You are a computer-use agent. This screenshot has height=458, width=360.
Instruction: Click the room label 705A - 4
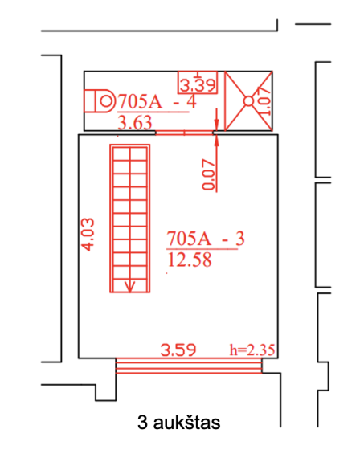(x=157, y=102)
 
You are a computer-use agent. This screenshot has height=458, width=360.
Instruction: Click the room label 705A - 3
(x=206, y=239)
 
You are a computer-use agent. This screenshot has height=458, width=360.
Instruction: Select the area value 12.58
(x=190, y=260)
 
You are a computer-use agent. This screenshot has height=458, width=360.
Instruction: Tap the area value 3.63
(x=135, y=122)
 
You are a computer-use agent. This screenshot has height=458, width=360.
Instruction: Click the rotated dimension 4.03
(x=88, y=235)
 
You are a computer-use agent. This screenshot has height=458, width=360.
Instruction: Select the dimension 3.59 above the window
(x=178, y=350)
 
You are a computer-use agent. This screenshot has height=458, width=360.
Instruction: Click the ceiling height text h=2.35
(x=252, y=350)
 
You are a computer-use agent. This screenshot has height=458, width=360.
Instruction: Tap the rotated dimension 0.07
(x=208, y=174)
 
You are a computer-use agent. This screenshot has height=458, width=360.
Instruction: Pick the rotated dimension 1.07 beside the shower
(x=264, y=100)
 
